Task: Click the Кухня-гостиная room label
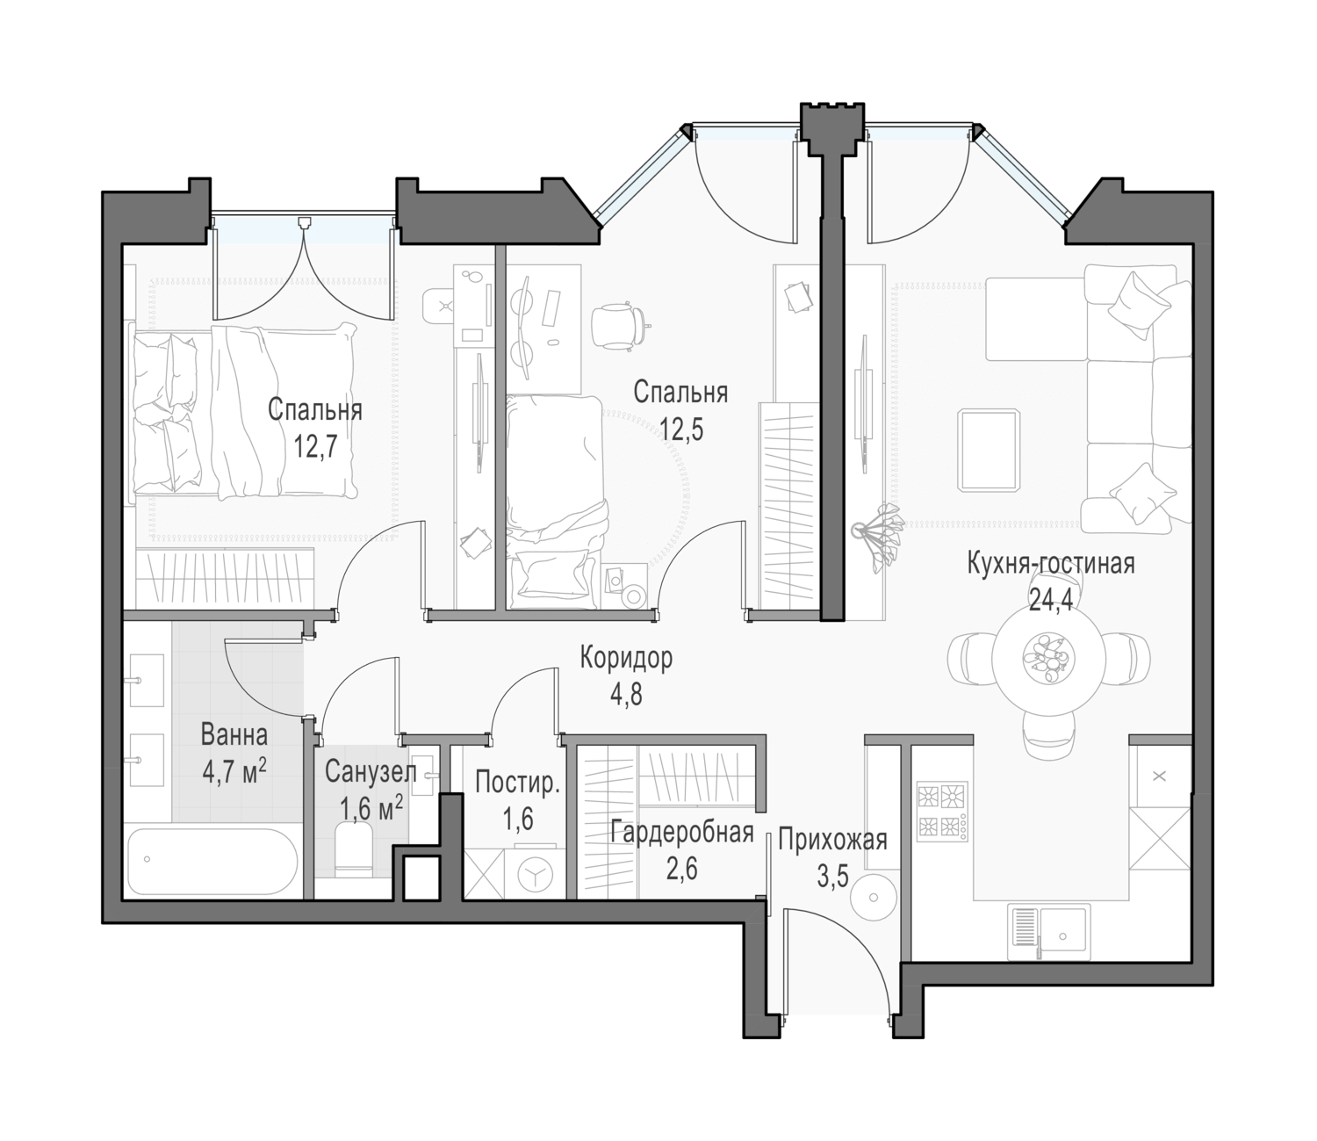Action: tap(1051, 565)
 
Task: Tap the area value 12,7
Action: tap(314, 446)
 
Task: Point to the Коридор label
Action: tap(626, 659)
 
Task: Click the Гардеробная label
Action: tap(681, 833)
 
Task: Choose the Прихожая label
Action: tap(832, 840)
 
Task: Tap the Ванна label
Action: tap(234, 735)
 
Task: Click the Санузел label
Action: tap(371, 772)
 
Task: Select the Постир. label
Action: tap(517, 784)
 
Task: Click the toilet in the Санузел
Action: tap(354, 849)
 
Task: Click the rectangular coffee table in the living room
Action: tap(989, 451)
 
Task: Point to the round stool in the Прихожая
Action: tap(874, 897)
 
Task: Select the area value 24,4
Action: tap(1051, 600)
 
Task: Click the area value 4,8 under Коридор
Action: tap(626, 694)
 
